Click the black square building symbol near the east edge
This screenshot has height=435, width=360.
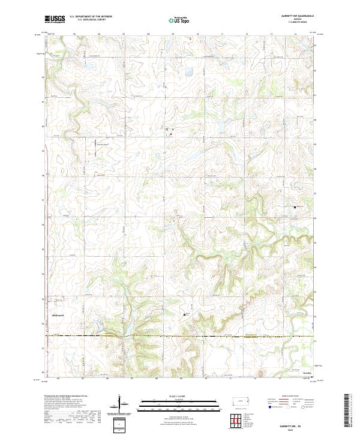(x=295, y=208)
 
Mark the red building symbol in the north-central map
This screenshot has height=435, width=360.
(x=170, y=134)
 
